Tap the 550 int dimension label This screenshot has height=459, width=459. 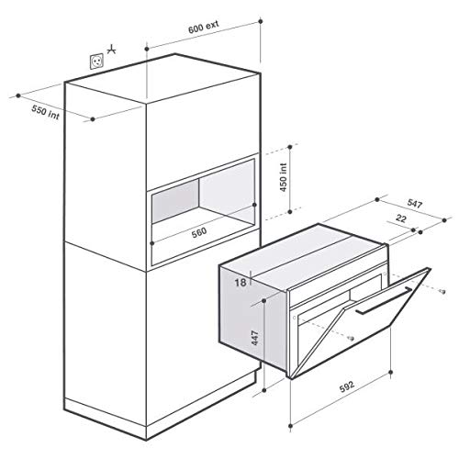point(41,105)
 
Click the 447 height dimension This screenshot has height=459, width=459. point(263,341)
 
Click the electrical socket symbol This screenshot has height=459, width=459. point(95,61)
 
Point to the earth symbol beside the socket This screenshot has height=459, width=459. point(112,50)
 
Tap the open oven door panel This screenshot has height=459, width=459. point(376,321)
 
